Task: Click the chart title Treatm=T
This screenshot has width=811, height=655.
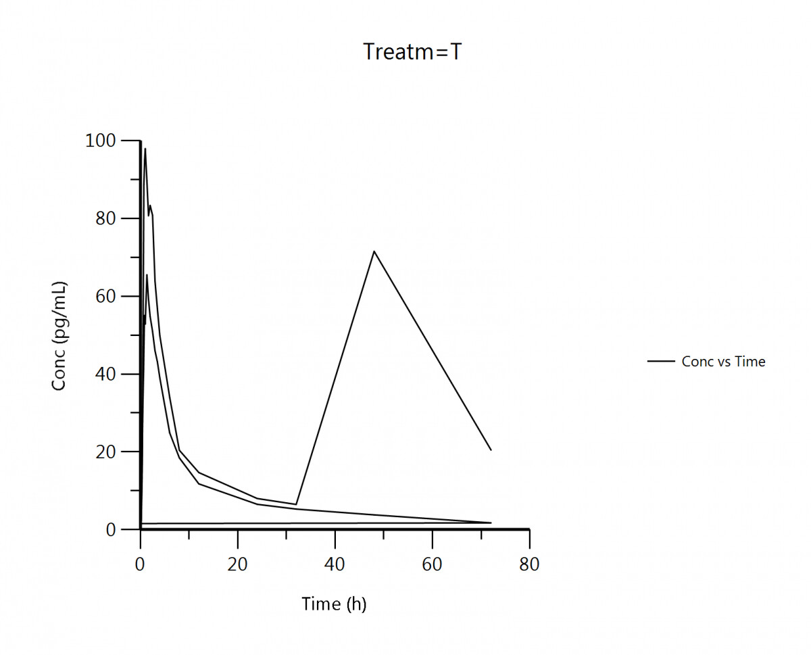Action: coord(412,52)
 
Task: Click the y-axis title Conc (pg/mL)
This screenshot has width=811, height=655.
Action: coord(59,335)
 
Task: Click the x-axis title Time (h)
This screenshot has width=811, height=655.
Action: coord(334,604)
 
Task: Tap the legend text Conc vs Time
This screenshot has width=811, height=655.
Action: coord(723,362)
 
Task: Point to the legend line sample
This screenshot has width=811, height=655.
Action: coord(661,362)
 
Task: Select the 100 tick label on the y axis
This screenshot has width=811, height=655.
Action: coord(101,141)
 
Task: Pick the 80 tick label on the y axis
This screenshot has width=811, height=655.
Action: coord(106,218)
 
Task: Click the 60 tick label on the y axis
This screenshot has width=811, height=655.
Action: coord(106,296)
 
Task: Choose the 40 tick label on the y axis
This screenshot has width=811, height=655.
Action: coord(106,374)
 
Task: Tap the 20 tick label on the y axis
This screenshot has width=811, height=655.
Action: coord(106,452)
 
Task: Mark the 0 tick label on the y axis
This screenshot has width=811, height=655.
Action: coord(111,529)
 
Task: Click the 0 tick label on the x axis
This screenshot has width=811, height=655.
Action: coord(140,564)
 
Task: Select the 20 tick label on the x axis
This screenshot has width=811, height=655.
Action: coord(238,564)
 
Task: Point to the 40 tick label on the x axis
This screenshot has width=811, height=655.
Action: coord(335,564)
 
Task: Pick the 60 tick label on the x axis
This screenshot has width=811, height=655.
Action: coord(433,564)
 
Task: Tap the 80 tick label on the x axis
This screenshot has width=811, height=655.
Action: coord(529,564)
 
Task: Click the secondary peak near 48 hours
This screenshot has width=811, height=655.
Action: coord(374,251)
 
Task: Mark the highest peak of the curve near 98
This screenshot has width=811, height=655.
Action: coord(145,149)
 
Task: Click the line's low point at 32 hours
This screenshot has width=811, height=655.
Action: coord(296,504)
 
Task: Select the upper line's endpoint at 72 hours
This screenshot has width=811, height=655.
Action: coord(491,450)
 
